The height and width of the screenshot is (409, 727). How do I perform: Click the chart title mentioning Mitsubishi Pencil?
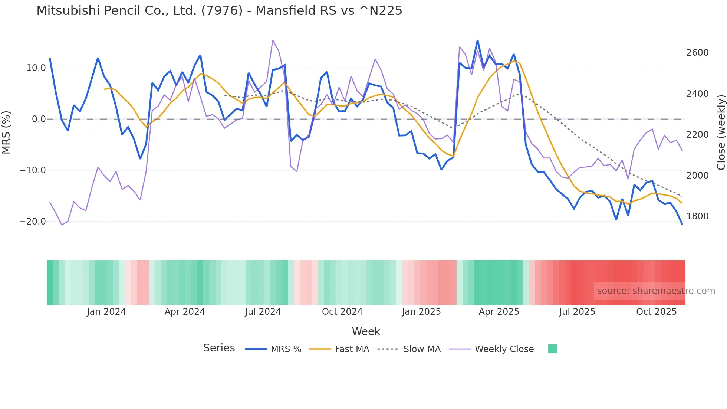coord(219,11)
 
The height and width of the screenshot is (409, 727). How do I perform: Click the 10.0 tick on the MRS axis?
coord(36,68)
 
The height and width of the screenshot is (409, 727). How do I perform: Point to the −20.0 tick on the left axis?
coord(33,222)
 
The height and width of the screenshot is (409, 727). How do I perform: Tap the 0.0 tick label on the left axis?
coord(39,119)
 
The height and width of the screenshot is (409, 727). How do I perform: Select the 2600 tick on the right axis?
coord(697,53)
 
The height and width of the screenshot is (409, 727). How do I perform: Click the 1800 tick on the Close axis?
coord(697,216)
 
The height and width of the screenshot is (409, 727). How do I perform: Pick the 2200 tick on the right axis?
coord(697,135)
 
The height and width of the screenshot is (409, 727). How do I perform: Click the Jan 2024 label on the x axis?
coord(106,312)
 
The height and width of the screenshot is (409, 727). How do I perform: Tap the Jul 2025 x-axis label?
coord(577,312)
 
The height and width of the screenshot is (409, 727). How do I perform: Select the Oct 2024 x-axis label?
coord(342,312)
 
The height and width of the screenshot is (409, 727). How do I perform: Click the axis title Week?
coord(366,331)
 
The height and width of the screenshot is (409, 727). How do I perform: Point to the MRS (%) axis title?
coord(6,132)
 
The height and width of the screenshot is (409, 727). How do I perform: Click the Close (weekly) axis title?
coord(721,132)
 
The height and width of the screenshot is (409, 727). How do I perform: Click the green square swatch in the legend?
coord(552,349)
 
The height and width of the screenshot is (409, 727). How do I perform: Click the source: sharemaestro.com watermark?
coord(656,291)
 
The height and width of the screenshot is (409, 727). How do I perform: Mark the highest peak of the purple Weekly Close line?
coord(273,40)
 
